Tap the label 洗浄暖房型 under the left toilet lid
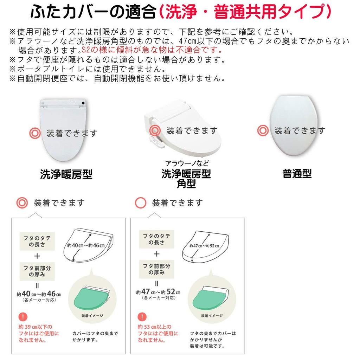pos(66,174)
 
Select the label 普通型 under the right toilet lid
pos(297,173)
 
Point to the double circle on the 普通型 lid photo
pos(263,131)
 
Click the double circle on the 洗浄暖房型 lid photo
pos(35,133)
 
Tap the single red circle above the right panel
pos(141,203)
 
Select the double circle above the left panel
pos(22,203)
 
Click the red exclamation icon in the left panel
pos(22,317)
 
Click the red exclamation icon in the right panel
pos(142,317)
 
